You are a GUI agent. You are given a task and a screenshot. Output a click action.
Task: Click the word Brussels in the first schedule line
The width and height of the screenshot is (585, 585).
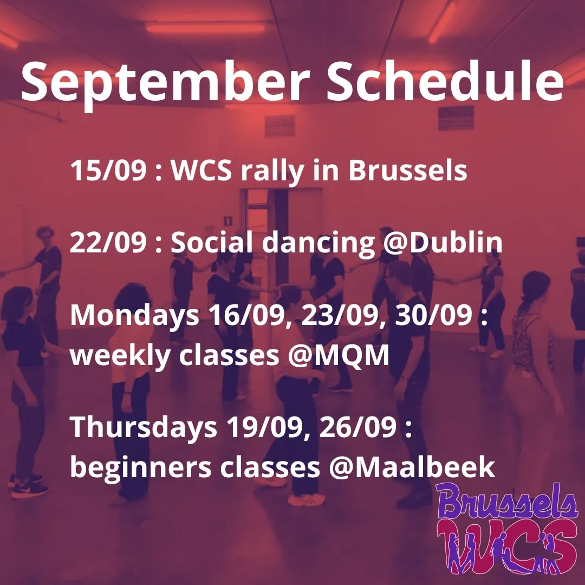(407, 171)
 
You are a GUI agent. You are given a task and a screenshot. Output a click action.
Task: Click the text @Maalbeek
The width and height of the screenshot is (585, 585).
(412, 467)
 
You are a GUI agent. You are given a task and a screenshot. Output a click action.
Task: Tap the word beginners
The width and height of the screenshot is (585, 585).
(141, 468)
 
